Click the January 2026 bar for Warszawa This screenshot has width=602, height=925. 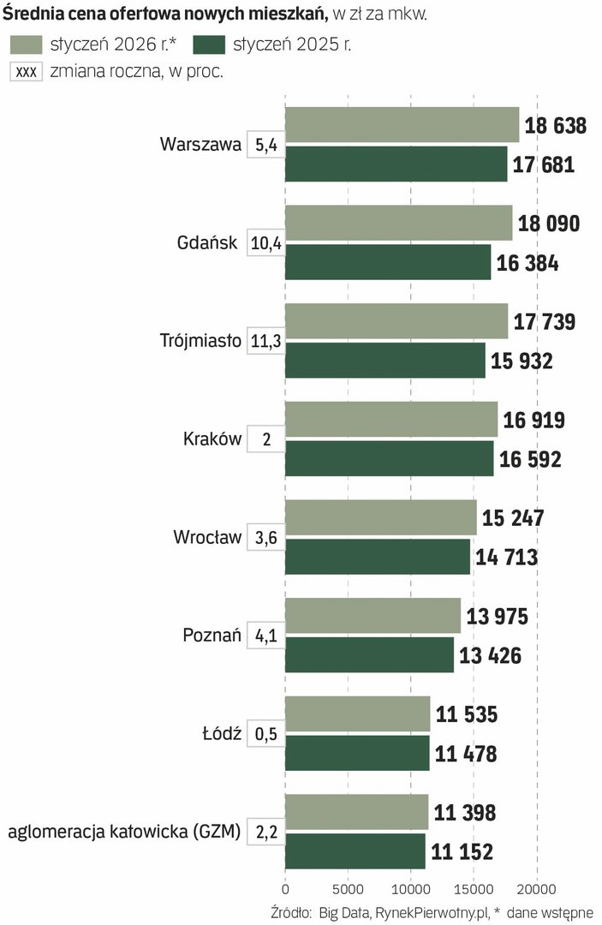(402, 125)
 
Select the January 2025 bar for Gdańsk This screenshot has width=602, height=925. (388, 262)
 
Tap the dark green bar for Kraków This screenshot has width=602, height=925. (389, 458)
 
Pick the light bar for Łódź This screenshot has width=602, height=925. (357, 713)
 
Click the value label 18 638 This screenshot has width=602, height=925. (555, 126)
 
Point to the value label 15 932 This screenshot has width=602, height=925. (522, 361)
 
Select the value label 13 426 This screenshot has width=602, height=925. (490, 655)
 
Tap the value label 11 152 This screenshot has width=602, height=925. (462, 851)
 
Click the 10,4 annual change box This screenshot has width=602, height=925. (265, 243)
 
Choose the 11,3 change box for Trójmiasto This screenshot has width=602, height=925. (265, 342)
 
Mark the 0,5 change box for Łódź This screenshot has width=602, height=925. (265, 734)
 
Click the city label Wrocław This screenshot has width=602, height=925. (207, 538)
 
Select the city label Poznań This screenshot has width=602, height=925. (212, 636)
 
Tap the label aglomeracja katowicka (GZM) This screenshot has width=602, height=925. (124, 831)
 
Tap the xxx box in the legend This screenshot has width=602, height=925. (26, 72)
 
